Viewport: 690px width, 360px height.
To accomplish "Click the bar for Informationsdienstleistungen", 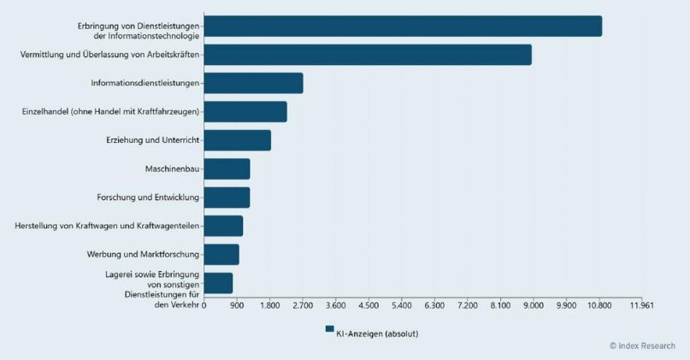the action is (253, 83).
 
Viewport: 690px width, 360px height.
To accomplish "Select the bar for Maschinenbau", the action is (227, 169).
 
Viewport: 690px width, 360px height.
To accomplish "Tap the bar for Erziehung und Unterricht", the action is (238, 140).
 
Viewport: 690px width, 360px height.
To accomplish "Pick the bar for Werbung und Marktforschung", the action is (221, 255).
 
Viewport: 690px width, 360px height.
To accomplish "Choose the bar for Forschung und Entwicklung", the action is (227, 198).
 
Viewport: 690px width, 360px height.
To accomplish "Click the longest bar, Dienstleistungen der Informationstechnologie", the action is (403, 26).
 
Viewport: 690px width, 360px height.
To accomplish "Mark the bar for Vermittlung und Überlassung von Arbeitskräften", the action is (368, 55).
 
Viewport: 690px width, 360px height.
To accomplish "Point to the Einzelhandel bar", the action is (245, 112).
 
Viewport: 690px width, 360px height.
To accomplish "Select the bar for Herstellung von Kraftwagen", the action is (223, 227).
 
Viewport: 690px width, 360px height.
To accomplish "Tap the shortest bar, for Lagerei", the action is (218, 283).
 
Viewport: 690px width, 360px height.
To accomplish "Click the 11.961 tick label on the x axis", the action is (641, 305).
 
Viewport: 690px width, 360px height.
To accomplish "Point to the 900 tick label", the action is (237, 305).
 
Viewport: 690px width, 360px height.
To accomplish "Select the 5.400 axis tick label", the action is (401, 305).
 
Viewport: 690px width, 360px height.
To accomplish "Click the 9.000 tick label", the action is (533, 305).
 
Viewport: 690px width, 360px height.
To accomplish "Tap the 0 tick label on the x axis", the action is (203, 305).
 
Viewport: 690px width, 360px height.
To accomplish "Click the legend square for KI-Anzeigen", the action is (329, 328).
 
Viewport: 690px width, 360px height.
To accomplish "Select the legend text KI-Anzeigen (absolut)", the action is (377, 334).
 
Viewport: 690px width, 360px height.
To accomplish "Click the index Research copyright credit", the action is (642, 346).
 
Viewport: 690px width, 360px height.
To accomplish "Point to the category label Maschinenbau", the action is (172, 169).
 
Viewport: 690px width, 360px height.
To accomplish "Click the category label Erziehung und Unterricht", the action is (153, 140).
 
